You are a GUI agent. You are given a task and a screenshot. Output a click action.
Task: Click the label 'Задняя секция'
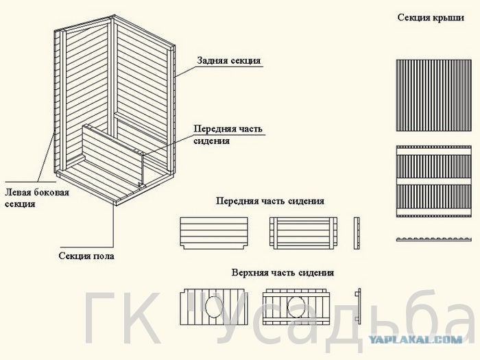pos(229,60)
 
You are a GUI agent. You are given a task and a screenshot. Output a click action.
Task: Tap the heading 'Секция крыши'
pos(431,17)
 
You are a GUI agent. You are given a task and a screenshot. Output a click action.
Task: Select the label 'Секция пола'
pos(86,256)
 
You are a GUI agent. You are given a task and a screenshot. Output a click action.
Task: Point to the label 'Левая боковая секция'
pos(37,198)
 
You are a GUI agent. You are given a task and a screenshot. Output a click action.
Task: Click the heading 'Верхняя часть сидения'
pos(283,272)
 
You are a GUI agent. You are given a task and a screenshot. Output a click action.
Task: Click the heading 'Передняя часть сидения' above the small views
pos(270,201)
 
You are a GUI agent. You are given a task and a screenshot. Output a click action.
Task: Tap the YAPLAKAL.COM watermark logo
pos(415,339)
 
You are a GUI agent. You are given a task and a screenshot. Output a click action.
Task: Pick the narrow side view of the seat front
pos(357,233)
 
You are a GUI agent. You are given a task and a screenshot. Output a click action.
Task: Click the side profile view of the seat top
pos(358,306)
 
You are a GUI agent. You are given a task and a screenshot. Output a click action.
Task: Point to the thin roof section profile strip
pos(434,239)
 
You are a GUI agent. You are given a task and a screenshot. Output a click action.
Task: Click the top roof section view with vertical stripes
pos(434,95)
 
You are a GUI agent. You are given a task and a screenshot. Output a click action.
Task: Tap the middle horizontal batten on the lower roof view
pos(434,181)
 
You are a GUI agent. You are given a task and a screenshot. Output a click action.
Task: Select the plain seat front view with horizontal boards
pos(214,233)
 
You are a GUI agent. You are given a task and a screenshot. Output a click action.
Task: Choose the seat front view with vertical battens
pos(303,233)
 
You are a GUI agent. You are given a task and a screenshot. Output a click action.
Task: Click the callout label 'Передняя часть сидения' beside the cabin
pos(228,134)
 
